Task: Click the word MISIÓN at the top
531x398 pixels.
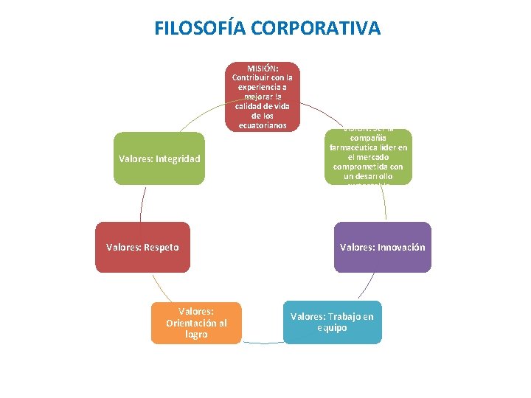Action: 263,69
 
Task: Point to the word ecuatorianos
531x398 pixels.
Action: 263,125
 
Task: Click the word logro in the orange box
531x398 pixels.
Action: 196,335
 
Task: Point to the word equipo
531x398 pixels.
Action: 332,328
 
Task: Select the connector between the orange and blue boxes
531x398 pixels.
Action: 263,343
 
